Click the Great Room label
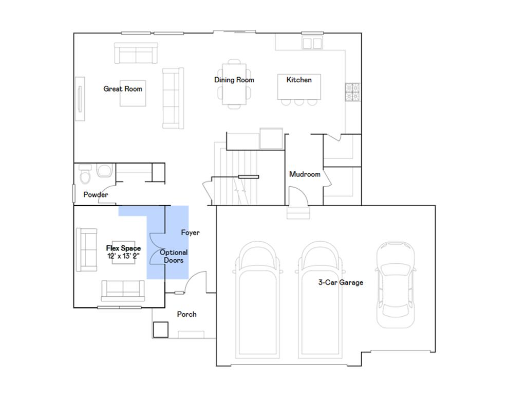coord(123,88)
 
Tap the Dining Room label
coord(234,80)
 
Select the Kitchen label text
coord(299,80)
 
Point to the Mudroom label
coord(305,174)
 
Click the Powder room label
coord(96,195)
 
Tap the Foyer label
coord(190,233)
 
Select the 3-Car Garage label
coord(340,282)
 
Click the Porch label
coord(186,314)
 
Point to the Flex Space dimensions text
coord(123,256)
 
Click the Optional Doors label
coord(174,256)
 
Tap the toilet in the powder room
coord(85,174)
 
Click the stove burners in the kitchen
coord(352,92)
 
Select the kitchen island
coord(298,87)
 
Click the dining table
coord(234,84)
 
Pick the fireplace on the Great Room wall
coord(80,99)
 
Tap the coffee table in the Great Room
coord(133,94)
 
